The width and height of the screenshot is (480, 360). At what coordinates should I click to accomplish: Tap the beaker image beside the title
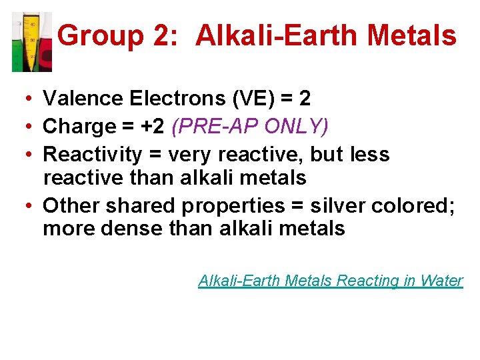pos(31,41)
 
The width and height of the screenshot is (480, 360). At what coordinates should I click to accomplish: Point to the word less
pos(371,155)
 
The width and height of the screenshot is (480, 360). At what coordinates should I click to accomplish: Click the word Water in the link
pos(442,281)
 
